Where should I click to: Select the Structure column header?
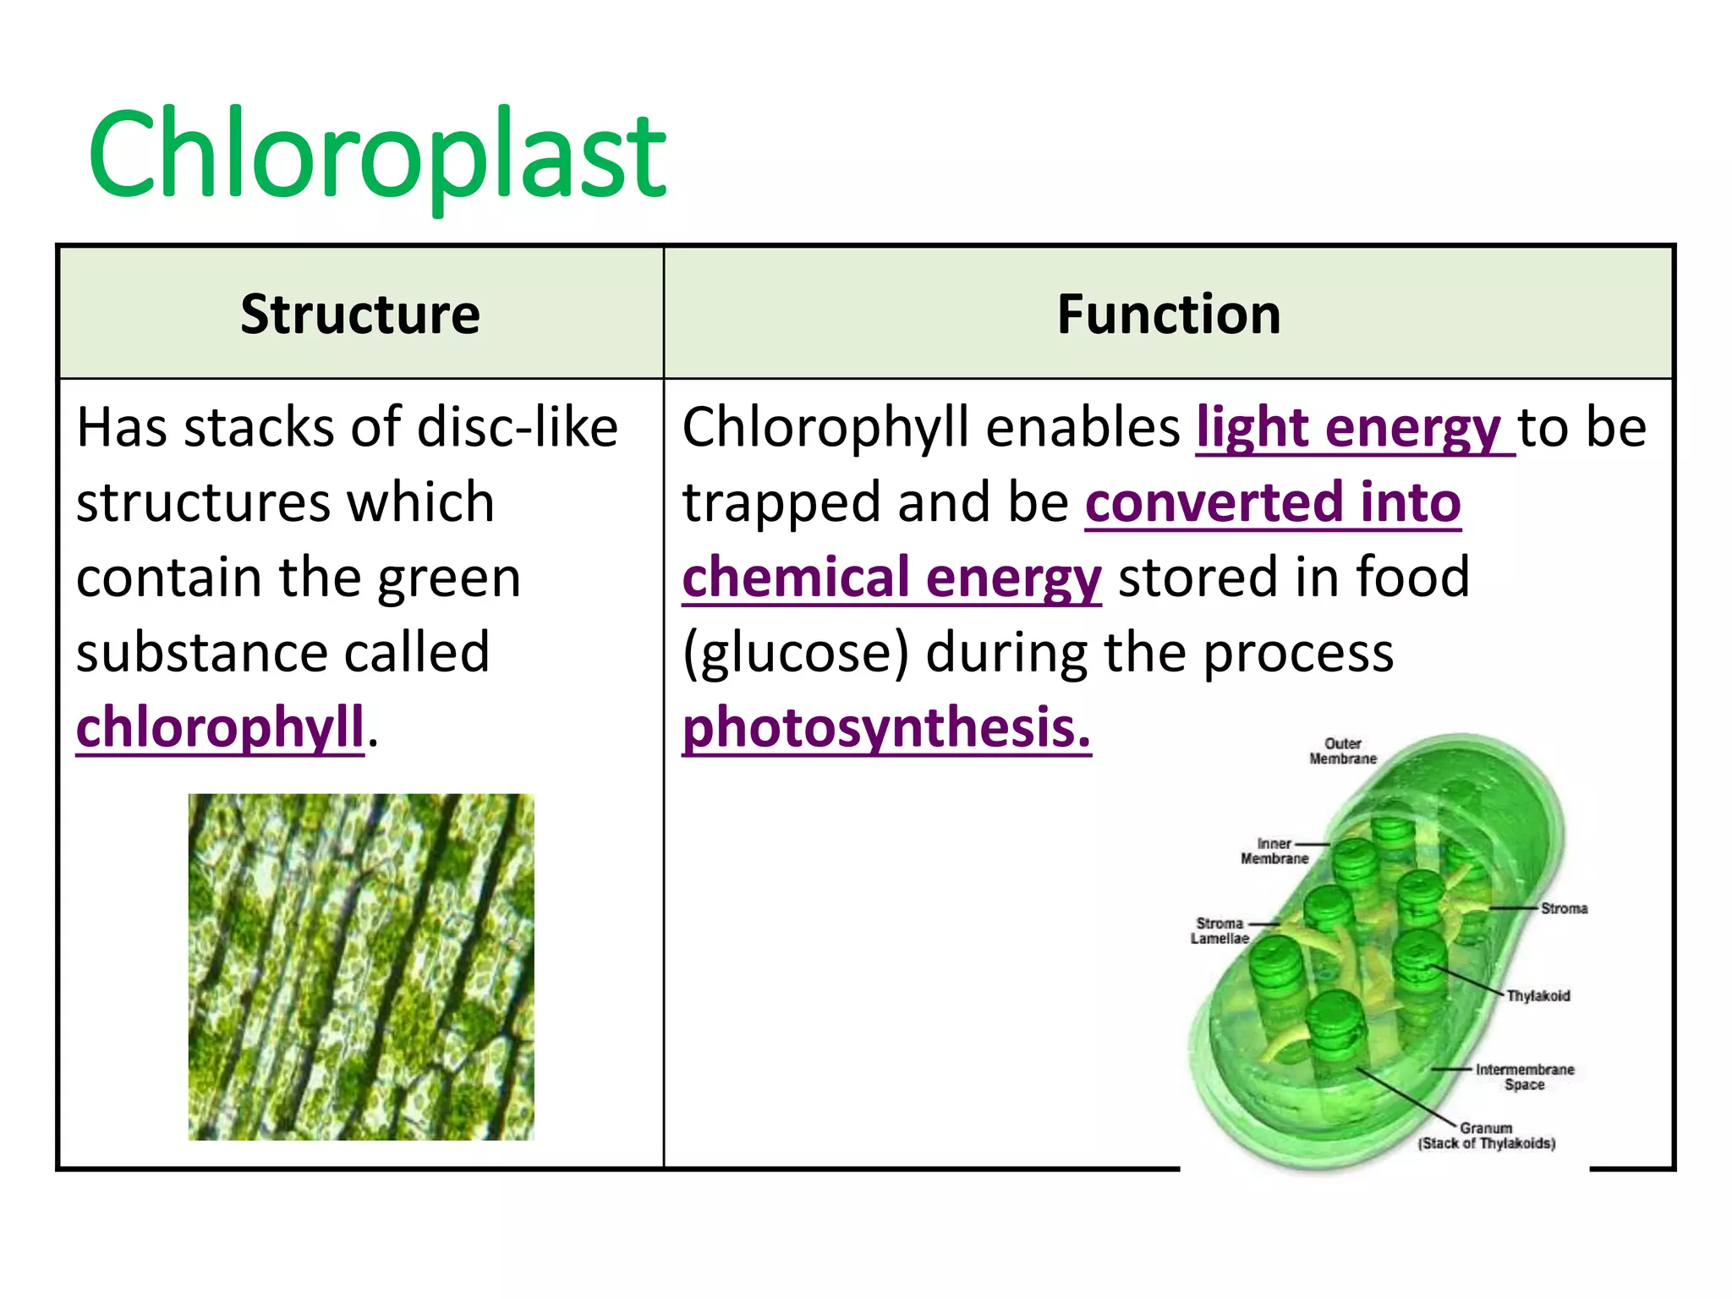tap(360, 315)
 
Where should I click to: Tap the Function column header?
tap(1168, 315)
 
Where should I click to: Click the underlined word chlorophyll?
tap(220, 727)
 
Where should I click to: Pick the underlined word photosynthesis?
tap(886, 727)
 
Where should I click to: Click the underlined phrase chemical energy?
tap(891, 578)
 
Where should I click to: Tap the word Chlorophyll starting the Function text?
tap(825, 427)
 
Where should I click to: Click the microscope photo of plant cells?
tap(361, 967)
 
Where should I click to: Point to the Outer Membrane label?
tap(1342, 751)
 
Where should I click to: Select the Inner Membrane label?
tap(1274, 851)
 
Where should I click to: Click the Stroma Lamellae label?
tap(1220, 930)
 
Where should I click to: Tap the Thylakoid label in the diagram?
tap(1537, 995)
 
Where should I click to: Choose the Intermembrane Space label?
tap(1524, 1077)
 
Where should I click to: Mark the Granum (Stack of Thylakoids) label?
tap(1486, 1136)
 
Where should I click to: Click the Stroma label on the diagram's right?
tap(1564, 908)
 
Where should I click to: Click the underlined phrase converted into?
tap(1273, 502)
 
